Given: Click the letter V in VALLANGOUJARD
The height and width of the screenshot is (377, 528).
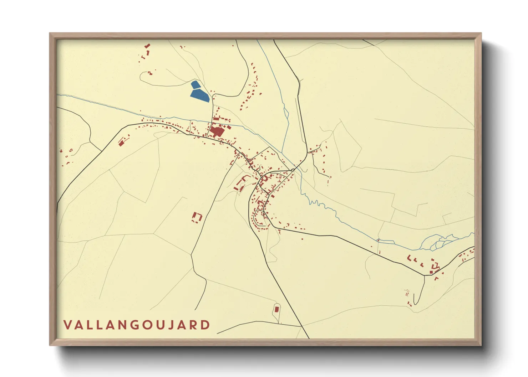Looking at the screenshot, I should pyautogui.click(x=68, y=325).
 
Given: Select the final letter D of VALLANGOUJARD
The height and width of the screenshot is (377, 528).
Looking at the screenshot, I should pyautogui.click(x=205, y=325).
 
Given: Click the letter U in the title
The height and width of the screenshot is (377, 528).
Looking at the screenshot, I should pyautogui.click(x=158, y=325).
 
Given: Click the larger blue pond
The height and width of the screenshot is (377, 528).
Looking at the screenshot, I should pyautogui.click(x=200, y=95).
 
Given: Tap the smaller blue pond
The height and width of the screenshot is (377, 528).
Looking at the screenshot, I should pyautogui.click(x=195, y=84).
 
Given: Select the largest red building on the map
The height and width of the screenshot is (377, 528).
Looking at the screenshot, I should pyautogui.click(x=217, y=131).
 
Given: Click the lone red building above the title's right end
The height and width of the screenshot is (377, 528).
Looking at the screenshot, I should pyautogui.click(x=277, y=309).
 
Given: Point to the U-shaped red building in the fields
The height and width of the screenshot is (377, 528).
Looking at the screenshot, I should pyautogui.click(x=197, y=217).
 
